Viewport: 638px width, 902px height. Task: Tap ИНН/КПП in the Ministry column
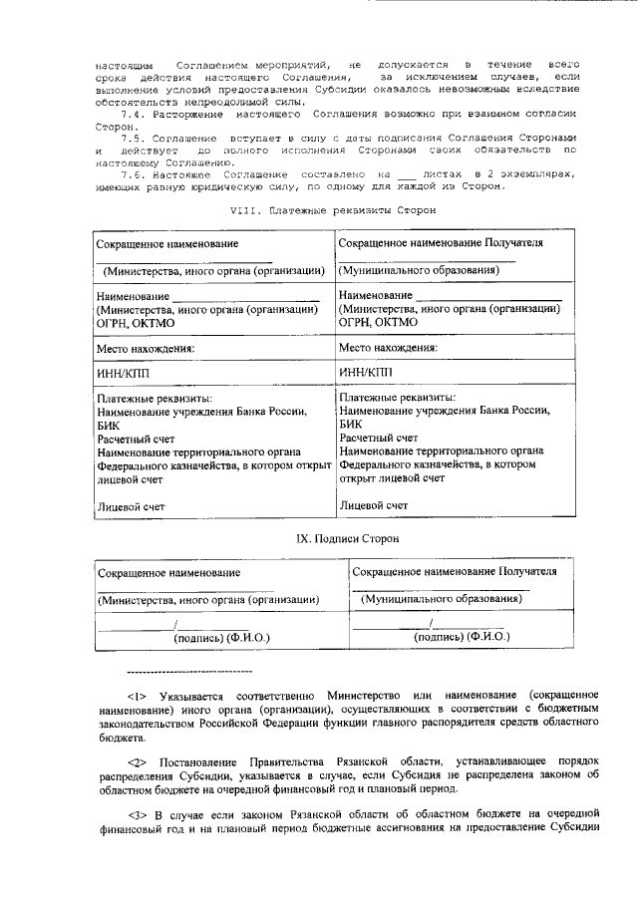(x=124, y=374)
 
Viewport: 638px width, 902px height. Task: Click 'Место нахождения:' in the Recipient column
(x=388, y=348)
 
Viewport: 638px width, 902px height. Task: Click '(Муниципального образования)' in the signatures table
(x=439, y=600)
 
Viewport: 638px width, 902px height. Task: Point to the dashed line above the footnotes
(x=189, y=670)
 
